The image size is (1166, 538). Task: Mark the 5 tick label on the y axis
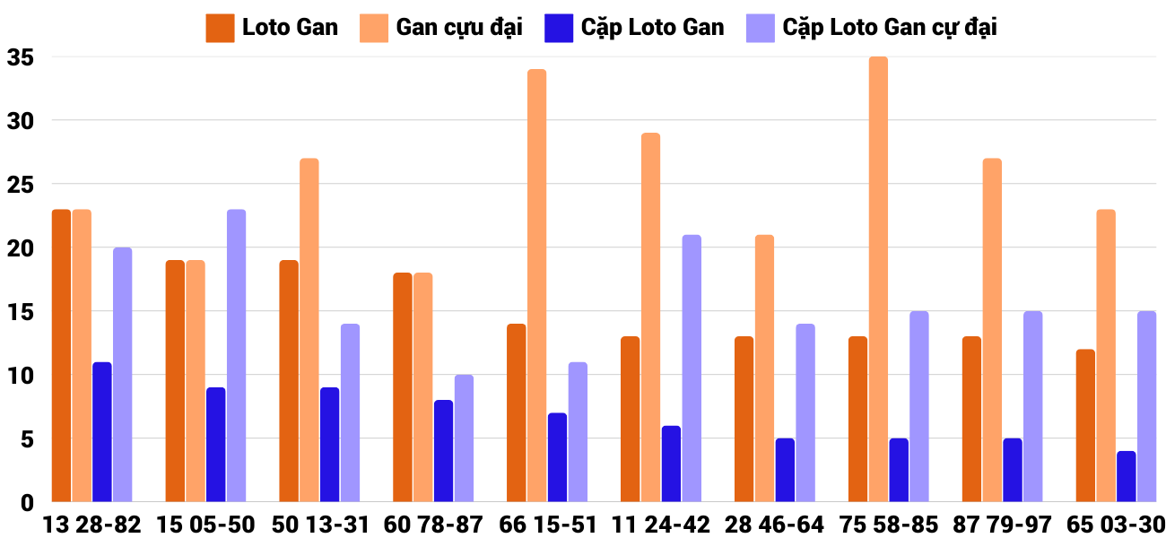click(26, 439)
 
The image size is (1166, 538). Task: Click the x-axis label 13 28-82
click(91, 525)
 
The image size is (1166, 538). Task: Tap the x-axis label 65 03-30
click(1116, 525)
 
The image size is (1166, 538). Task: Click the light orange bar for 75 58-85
click(878, 279)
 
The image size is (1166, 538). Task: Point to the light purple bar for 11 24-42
click(692, 368)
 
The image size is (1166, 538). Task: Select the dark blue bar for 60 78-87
click(443, 450)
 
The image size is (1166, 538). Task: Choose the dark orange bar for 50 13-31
click(289, 380)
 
